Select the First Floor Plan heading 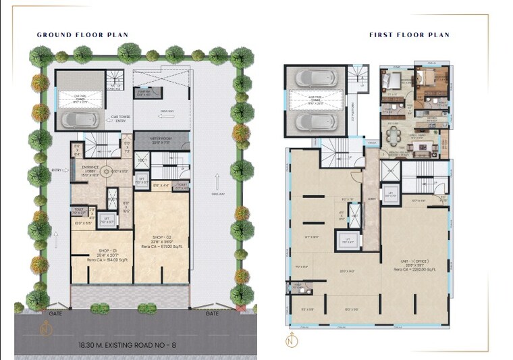click(409, 34)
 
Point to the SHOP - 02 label click(161, 238)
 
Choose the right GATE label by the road click(212, 314)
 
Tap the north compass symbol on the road click(45, 330)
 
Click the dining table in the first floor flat click(394, 136)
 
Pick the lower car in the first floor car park click(315, 122)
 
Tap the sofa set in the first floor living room click(433, 140)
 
